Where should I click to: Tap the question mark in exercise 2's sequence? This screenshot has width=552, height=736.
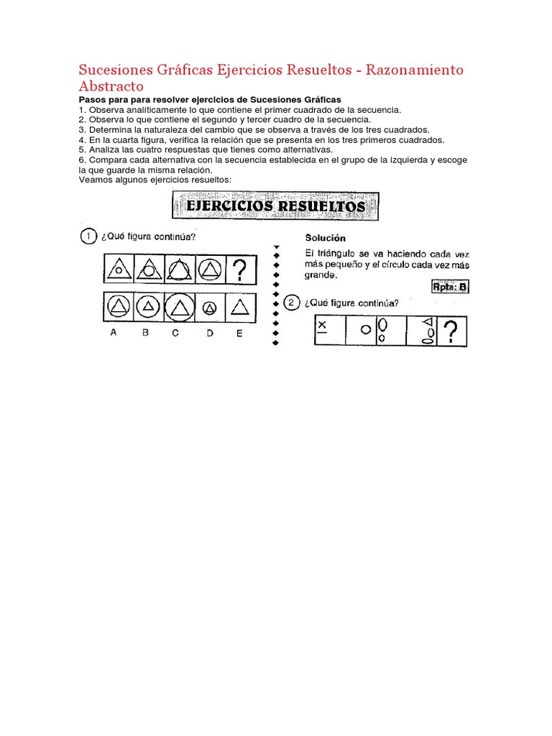[x=450, y=332]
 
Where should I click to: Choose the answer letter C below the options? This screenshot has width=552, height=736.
[x=177, y=333]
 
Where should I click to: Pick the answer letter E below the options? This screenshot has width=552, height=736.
[x=239, y=333]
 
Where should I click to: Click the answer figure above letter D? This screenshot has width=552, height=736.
[x=209, y=308]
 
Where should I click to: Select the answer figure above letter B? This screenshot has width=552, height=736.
[x=147, y=308]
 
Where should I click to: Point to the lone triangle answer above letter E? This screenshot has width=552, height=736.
[x=240, y=308]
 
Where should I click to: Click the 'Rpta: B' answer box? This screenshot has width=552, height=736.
[x=449, y=287]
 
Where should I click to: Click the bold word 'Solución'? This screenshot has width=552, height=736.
[x=326, y=238]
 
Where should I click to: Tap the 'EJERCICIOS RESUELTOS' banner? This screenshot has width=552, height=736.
[x=275, y=207]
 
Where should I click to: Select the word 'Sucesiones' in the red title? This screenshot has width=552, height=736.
[x=114, y=70]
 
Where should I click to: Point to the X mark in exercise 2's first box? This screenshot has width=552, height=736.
[x=321, y=325]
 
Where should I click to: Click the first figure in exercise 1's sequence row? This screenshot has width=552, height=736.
[x=116, y=270]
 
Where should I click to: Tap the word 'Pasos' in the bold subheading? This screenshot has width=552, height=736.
[x=92, y=99]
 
